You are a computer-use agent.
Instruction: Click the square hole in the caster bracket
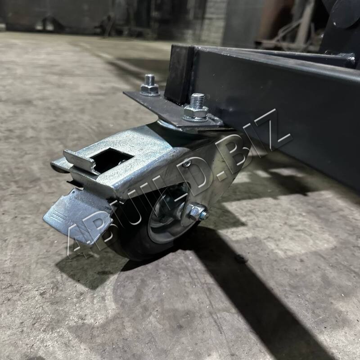click(x=111, y=159)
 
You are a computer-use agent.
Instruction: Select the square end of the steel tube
click(x=180, y=74)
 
